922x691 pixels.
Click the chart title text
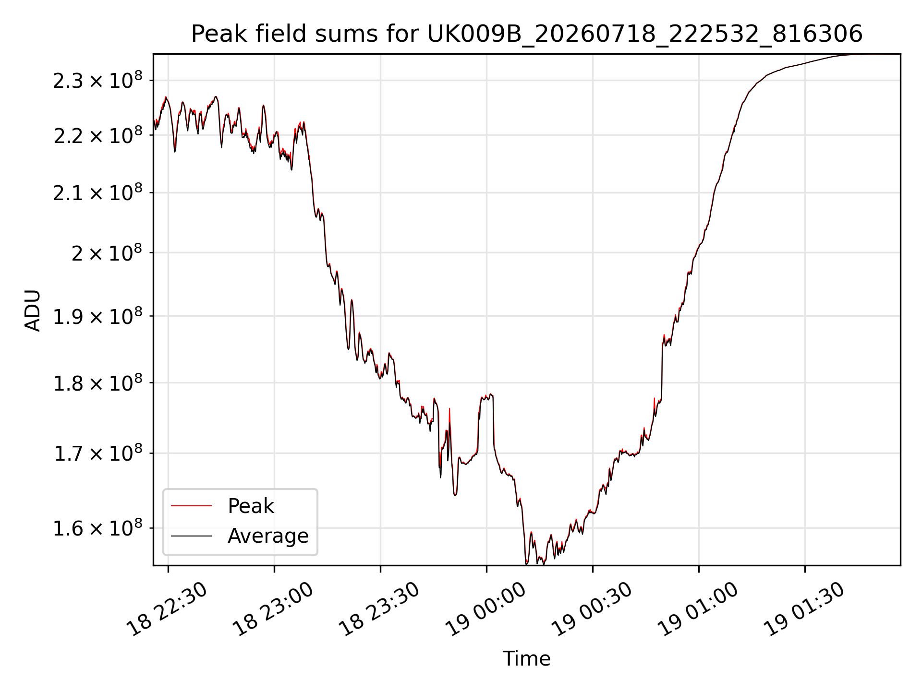[527, 34]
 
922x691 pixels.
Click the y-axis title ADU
[33, 310]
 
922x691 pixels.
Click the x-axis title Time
[526, 658]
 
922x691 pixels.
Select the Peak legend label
[251, 506]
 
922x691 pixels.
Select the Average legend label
[268, 536]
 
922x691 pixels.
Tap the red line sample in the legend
[191, 506]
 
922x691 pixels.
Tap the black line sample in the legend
[191, 536]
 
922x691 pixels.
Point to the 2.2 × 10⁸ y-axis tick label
[98, 135]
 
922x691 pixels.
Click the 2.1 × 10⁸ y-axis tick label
[98, 192]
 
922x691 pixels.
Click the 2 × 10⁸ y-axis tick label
[107, 252]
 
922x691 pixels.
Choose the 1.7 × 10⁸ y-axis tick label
[98, 453]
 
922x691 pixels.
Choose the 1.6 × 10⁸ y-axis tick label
[98, 528]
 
